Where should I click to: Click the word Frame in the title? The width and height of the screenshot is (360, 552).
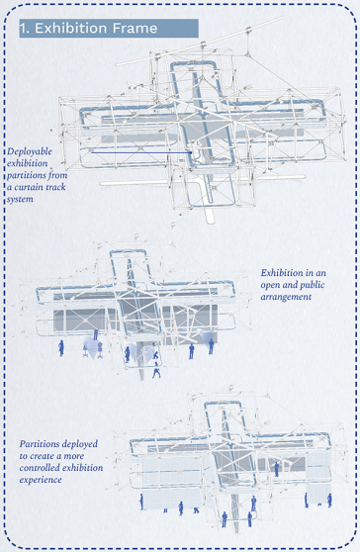(135, 28)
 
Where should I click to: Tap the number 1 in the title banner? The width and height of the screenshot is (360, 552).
(23, 28)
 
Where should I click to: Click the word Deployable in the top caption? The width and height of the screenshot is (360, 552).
(30, 151)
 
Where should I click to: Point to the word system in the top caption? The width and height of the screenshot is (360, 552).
(20, 199)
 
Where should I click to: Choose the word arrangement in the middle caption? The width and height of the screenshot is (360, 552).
(286, 297)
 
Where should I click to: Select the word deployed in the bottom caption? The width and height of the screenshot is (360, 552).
(80, 444)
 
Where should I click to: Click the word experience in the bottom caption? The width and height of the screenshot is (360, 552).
(41, 480)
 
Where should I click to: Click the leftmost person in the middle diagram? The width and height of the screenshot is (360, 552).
(61, 348)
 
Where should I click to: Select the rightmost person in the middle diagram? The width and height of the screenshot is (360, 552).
(211, 346)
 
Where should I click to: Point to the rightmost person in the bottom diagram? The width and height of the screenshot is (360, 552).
(329, 501)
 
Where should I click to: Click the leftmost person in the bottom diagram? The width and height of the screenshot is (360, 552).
(141, 502)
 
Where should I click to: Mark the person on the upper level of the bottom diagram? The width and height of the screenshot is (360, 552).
(277, 469)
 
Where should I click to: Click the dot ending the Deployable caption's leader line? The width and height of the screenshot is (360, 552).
(191, 152)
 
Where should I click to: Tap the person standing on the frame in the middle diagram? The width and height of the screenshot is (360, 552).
(96, 334)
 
